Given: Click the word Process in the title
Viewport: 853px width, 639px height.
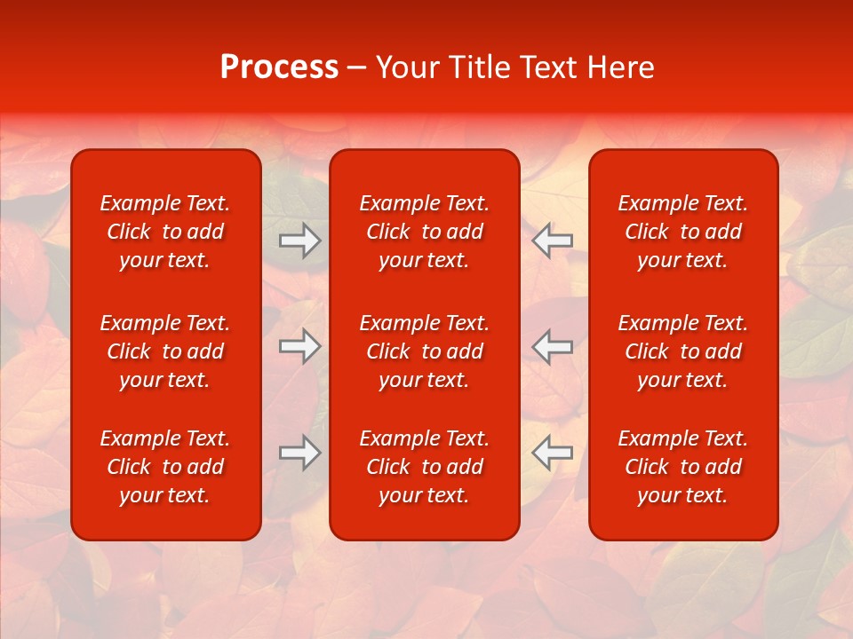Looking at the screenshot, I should click(279, 67).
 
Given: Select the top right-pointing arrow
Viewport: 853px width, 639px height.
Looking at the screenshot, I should click(299, 241).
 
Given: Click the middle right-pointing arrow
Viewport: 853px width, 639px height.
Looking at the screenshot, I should click(299, 346).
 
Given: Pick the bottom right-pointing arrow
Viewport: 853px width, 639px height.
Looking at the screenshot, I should click(299, 453).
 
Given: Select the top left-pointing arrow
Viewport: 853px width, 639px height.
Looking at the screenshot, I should click(553, 241).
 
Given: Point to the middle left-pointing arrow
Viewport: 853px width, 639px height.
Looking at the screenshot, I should click(553, 346).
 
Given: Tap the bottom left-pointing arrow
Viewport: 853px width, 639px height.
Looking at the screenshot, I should click(553, 453).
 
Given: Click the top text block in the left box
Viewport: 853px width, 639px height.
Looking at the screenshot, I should click(165, 232).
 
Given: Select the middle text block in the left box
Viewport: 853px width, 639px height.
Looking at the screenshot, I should click(165, 351).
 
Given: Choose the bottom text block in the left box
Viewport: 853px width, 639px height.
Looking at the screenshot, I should click(165, 467).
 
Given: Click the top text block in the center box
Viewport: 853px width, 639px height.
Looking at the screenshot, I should click(424, 232).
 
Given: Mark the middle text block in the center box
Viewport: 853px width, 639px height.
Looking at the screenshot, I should click(424, 351).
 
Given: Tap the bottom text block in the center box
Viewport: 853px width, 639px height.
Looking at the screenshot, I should click(424, 467).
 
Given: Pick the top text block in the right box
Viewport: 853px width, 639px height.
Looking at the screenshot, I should click(682, 232).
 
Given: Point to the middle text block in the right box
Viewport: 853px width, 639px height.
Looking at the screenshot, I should click(682, 351).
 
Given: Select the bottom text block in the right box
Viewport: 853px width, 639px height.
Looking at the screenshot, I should click(682, 467).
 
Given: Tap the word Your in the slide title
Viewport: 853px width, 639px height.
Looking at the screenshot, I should click(405, 67).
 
